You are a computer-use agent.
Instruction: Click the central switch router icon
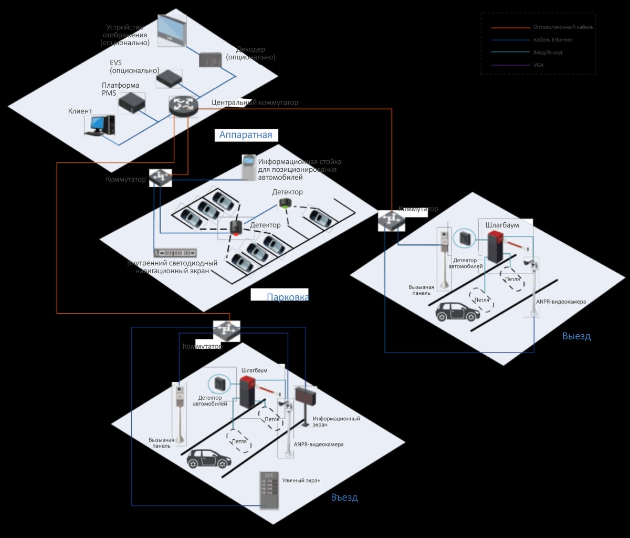[x=183, y=107]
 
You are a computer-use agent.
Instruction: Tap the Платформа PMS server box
[x=131, y=102]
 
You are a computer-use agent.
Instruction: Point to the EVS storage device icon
[x=169, y=79]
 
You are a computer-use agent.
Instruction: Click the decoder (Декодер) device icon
[x=210, y=59]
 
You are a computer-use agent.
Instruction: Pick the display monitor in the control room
[x=172, y=30]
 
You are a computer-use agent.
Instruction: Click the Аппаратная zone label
[x=246, y=135]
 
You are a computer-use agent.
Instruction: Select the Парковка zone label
[x=287, y=297]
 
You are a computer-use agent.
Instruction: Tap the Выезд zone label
[x=576, y=336]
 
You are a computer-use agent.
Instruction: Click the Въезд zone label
[x=344, y=497]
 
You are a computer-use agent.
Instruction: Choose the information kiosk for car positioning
[x=248, y=167]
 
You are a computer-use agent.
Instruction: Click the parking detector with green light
[x=285, y=204]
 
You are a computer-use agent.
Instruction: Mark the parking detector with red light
[x=236, y=227]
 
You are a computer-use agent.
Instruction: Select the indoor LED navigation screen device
[x=175, y=253]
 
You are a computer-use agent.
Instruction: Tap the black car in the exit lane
[x=458, y=312]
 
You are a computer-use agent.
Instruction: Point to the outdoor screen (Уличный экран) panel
[x=269, y=490]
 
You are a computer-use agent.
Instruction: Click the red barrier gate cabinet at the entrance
[x=247, y=392]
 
